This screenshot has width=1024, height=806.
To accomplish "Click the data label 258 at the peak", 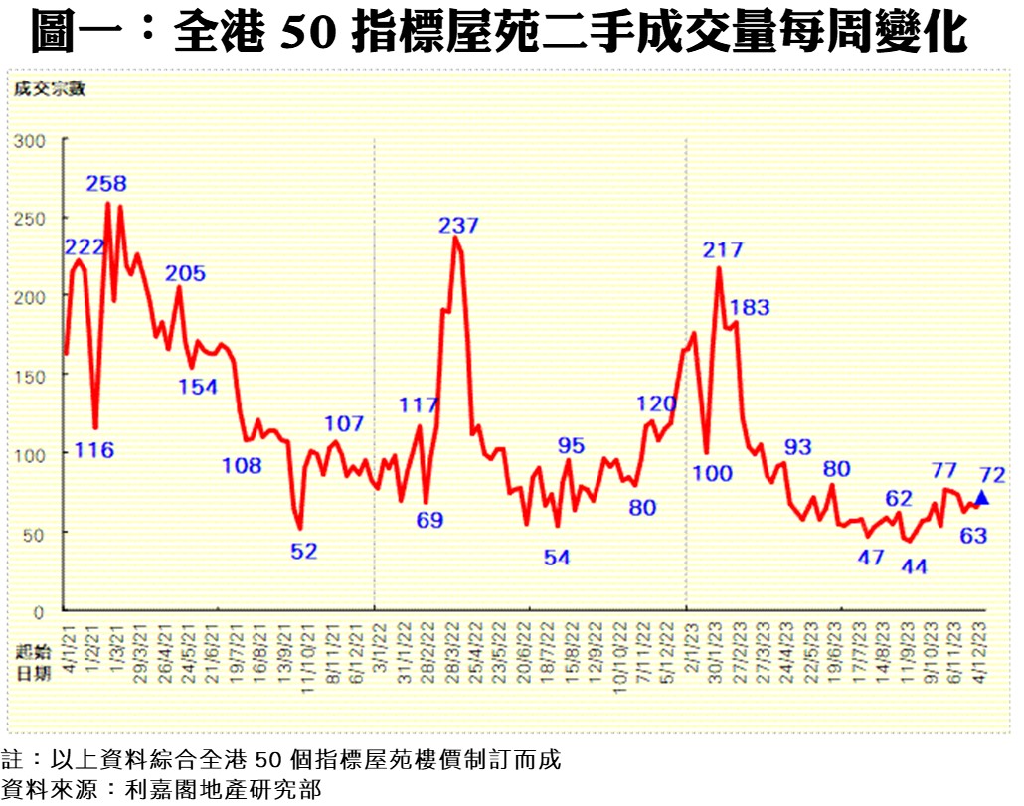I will [x=106, y=184].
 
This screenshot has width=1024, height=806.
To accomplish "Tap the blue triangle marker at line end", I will [x=982, y=498].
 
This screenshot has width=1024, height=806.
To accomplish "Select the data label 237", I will [x=458, y=226].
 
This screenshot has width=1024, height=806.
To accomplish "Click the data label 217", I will [x=723, y=250].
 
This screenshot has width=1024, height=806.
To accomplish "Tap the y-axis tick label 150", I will [x=30, y=376].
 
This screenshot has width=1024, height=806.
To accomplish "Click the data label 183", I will [x=750, y=307].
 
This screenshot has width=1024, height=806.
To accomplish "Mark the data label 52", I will [x=304, y=551].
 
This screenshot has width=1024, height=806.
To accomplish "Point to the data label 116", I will [x=94, y=450].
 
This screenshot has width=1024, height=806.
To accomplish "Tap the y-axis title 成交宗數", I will [x=50, y=89].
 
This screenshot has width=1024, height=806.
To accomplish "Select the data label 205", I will [x=185, y=273].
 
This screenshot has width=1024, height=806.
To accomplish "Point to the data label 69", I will [x=429, y=519].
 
